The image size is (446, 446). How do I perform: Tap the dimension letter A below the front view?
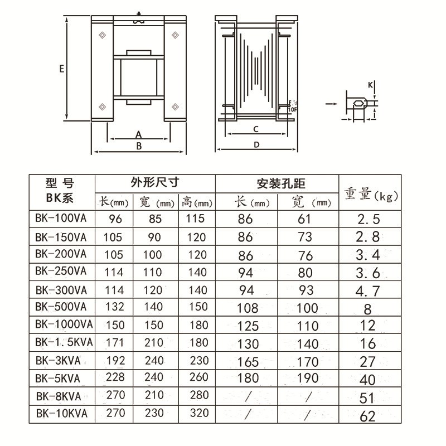click(139, 134)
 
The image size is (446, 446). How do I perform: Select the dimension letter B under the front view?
click(140, 146)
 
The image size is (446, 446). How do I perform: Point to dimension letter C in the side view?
click(255, 129)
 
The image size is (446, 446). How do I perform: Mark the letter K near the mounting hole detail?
click(370, 85)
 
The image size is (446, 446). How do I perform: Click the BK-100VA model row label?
click(61, 218)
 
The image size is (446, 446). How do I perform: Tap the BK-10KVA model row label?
click(61, 414)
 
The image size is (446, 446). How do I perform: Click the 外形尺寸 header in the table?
click(155, 182)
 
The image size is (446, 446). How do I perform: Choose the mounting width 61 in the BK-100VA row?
click(305, 219)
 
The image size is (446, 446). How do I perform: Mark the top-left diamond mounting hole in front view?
click(102, 36)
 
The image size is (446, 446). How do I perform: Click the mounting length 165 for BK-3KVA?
click(248, 362)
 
